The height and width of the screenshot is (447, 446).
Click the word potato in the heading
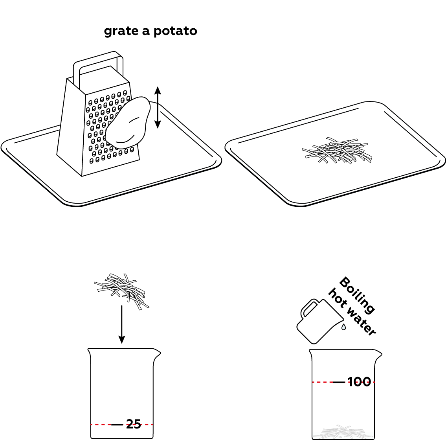[x=175, y=31]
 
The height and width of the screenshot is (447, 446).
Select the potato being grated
[x=128, y=123]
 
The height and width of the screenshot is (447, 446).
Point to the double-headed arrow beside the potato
[x=158, y=107]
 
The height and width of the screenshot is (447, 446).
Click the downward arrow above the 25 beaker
[x=122, y=324]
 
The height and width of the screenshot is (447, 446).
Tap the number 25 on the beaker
[x=133, y=425]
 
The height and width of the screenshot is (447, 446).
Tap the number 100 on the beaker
[x=360, y=382]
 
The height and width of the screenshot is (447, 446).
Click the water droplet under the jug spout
[x=344, y=327]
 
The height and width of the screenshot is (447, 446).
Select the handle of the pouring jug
[x=308, y=307]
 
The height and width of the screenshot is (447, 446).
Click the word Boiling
[x=357, y=295]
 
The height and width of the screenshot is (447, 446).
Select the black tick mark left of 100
[x=339, y=382]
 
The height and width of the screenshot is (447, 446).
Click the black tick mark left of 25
[x=117, y=425]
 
